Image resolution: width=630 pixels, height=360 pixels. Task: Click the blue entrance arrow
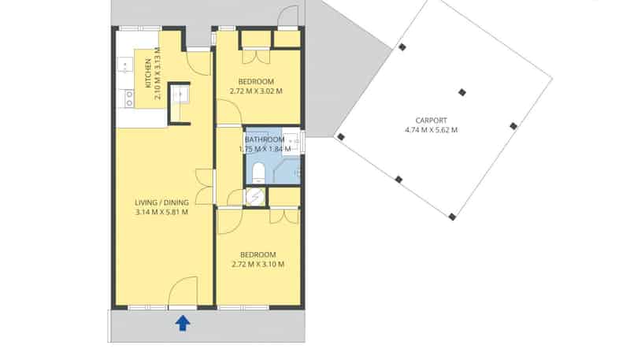[183, 322]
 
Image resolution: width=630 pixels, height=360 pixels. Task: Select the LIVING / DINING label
[161, 202]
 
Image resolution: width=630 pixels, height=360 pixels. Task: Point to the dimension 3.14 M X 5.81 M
[161, 213]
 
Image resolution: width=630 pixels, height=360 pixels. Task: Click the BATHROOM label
[265, 139]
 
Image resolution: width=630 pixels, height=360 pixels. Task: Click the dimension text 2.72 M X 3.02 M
[256, 91]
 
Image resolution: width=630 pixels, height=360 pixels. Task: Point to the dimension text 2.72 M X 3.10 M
[258, 264]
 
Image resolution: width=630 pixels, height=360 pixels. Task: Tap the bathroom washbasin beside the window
[294, 140]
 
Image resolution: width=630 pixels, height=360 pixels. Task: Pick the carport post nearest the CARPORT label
[462, 92]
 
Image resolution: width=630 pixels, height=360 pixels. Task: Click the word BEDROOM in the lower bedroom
[258, 254]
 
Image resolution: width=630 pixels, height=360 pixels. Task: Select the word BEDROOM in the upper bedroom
[256, 82]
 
